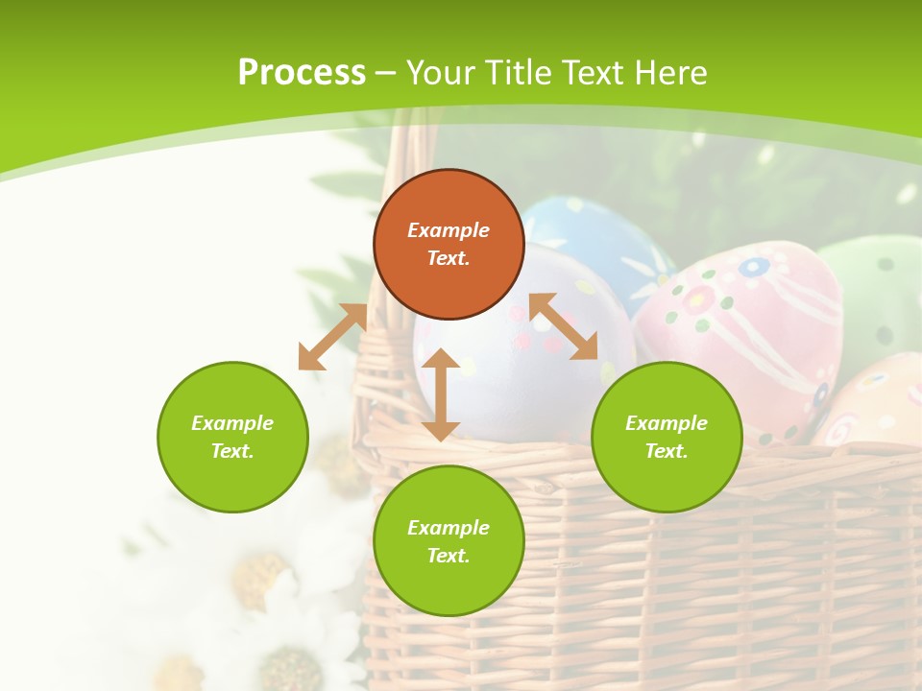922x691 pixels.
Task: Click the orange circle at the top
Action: click(449, 245)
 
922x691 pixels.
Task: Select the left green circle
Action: click(232, 437)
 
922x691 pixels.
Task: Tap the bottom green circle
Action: click(449, 541)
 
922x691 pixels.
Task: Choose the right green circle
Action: click(667, 437)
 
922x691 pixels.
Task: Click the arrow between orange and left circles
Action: click(332, 337)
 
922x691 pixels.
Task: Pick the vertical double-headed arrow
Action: click(441, 394)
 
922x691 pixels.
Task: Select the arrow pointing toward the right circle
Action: click(563, 327)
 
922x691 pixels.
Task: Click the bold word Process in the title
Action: click(302, 73)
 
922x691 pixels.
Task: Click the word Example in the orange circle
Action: click(449, 230)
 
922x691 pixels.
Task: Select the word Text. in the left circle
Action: click(232, 451)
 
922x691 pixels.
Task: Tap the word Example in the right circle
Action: click(667, 423)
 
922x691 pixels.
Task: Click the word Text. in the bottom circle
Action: click(449, 556)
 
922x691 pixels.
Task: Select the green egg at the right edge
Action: click(879, 288)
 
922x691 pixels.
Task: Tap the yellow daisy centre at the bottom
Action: click(291, 667)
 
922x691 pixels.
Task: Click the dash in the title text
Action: click(385, 73)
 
